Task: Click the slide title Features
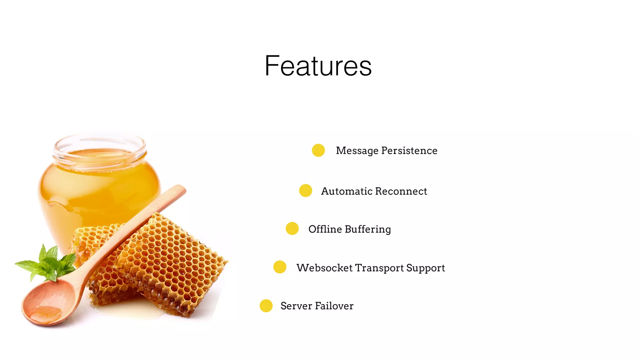tap(318, 66)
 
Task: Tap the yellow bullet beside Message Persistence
tap(318, 150)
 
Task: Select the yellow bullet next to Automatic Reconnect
tap(305, 191)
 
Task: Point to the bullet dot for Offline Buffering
tap(292, 228)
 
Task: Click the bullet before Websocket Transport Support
tap(280, 267)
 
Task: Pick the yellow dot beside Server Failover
tap(266, 306)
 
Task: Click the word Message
tap(357, 151)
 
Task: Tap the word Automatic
tap(346, 191)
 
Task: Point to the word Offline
tap(325, 229)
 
